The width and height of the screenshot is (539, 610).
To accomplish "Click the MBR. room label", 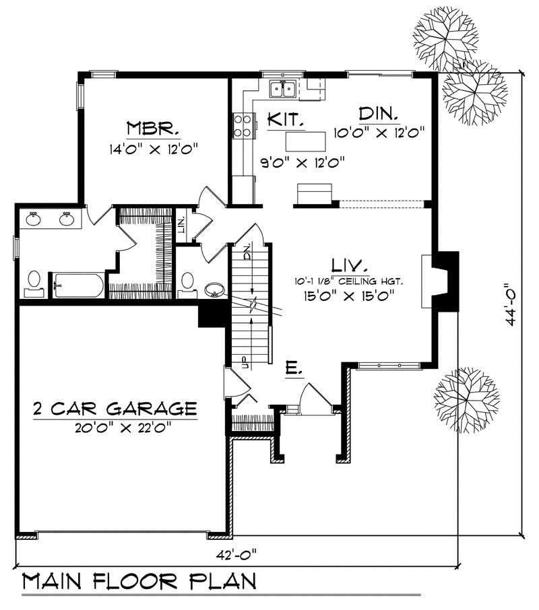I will tap(142, 128).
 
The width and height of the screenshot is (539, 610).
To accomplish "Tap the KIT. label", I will tap(286, 120).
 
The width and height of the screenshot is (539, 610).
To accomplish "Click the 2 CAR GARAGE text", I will tap(115, 408).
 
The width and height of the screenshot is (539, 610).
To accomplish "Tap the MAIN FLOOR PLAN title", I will tap(139, 581).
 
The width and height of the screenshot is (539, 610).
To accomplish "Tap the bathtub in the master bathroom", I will tap(79, 285).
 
